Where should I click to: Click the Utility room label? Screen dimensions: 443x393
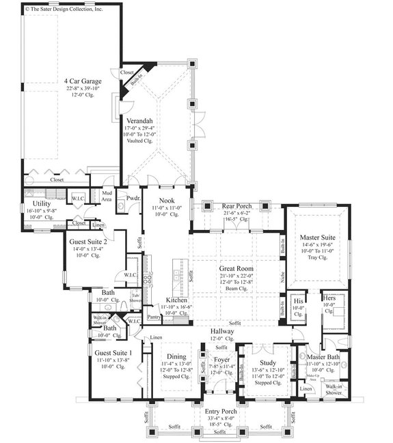(43, 204)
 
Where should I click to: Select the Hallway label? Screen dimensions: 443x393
(222, 331)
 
